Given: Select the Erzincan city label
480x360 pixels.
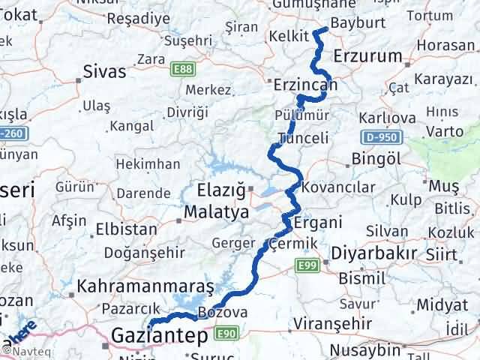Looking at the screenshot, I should (305, 87).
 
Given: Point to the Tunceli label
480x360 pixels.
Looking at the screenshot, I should (303, 139).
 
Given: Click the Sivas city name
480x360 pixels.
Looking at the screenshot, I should (103, 73).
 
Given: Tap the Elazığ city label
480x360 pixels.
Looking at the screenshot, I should (223, 189).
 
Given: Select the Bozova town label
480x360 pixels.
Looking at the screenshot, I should (217, 312).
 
